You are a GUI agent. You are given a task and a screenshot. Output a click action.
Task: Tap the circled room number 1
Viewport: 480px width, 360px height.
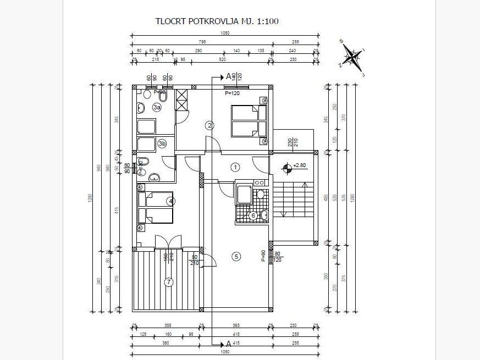pos(235,167)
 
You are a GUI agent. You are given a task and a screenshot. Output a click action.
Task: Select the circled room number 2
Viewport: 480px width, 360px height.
pos(209,125)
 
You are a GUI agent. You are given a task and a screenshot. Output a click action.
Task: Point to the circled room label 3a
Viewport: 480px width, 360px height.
pos(157,107)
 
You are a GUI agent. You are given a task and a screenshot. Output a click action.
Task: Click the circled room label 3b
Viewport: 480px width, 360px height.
pos(162,143)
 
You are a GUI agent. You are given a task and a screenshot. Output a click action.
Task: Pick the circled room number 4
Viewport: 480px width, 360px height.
pos(171,201)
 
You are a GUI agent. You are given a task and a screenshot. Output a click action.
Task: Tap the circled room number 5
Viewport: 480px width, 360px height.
pos(236,256)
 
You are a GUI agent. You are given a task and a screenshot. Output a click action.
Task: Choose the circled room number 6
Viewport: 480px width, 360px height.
pos(253,215)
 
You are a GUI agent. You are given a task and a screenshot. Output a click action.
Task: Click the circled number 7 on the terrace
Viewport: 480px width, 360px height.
pos(169,283)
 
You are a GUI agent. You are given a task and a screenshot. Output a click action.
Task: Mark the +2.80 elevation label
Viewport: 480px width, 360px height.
pos(300,165)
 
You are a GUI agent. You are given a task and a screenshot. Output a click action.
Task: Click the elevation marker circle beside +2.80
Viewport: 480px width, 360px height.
pos(286,167)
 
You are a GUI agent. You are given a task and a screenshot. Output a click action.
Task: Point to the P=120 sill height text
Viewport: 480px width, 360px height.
pos(232,94)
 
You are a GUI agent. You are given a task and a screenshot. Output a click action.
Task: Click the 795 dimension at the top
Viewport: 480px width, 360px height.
pos(202,42)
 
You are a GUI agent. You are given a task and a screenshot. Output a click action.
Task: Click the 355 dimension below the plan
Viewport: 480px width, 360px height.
pos(168,326)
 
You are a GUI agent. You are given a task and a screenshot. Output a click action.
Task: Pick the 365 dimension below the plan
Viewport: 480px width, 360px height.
pos(235,326)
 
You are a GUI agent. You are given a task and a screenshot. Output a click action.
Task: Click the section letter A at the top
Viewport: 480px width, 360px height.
pos(228,77)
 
